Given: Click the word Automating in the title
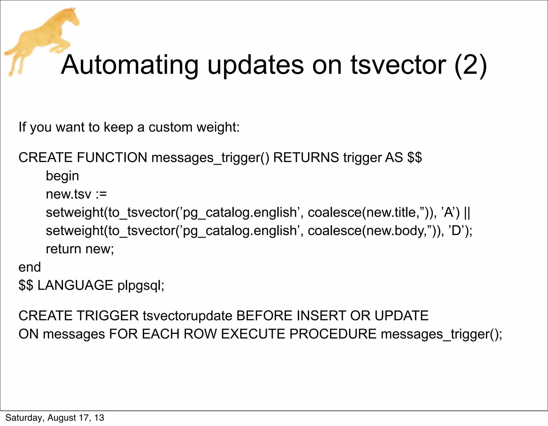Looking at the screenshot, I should pyautogui.click(x=130, y=65).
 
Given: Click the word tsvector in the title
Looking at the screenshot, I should pyautogui.click(x=398, y=65).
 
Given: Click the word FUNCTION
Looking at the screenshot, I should pyautogui.click(x=112, y=157).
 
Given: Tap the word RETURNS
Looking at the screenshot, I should pyautogui.click(x=306, y=157).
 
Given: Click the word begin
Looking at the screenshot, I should pyautogui.click(x=62, y=176).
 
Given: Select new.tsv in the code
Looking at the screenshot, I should pyautogui.click(x=68, y=194).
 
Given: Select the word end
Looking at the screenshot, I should pyautogui.click(x=30, y=267).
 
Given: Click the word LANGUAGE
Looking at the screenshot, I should pyautogui.click(x=75, y=285).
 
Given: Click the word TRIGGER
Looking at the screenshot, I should pyautogui.click(x=108, y=316).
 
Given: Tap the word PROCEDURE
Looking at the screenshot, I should pyautogui.click(x=333, y=334).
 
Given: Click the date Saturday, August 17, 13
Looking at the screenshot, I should pyautogui.click(x=55, y=418).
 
